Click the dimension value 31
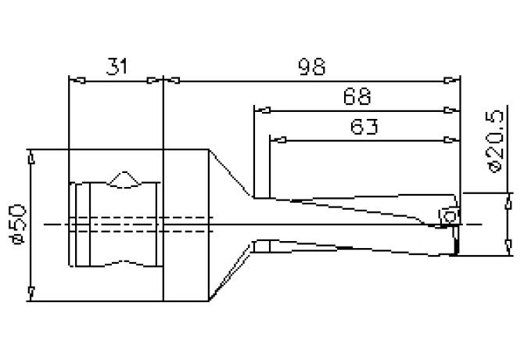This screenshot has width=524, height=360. pyautogui.click(x=117, y=68)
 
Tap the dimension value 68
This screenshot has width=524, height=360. pyautogui.click(x=357, y=97)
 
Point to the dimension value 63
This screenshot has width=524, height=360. pyautogui.click(x=361, y=127)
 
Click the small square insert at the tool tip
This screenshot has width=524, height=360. pyautogui.click(x=449, y=215)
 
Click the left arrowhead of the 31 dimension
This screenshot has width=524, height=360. pyautogui.click(x=75, y=80)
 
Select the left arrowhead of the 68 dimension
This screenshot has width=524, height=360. pyautogui.click(x=260, y=110)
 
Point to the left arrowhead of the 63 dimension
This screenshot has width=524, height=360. pyautogui.click(x=275, y=140)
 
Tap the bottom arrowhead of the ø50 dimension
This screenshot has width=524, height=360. pyautogui.click(x=31, y=293)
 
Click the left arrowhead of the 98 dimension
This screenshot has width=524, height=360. pyautogui.click(x=170, y=80)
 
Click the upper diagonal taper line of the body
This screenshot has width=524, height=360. pyautogui.click(x=231, y=173)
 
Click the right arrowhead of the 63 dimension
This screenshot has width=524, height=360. pyautogui.click(x=451, y=140)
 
